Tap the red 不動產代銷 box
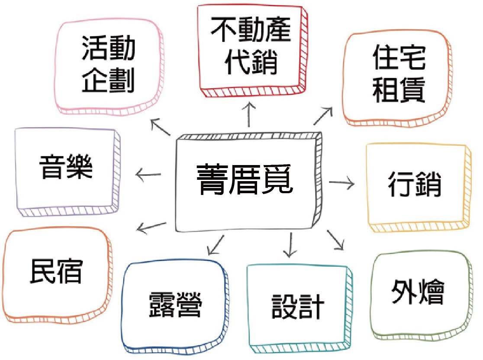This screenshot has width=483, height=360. pos(251,50)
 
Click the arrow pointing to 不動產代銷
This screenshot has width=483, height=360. pos(249,115)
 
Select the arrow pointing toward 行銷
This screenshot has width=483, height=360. pos(342,183)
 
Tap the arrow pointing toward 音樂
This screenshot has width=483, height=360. pos(148,175)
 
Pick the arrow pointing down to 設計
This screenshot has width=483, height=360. pos(290,245)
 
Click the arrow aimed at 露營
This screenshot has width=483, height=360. pos(216,245)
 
